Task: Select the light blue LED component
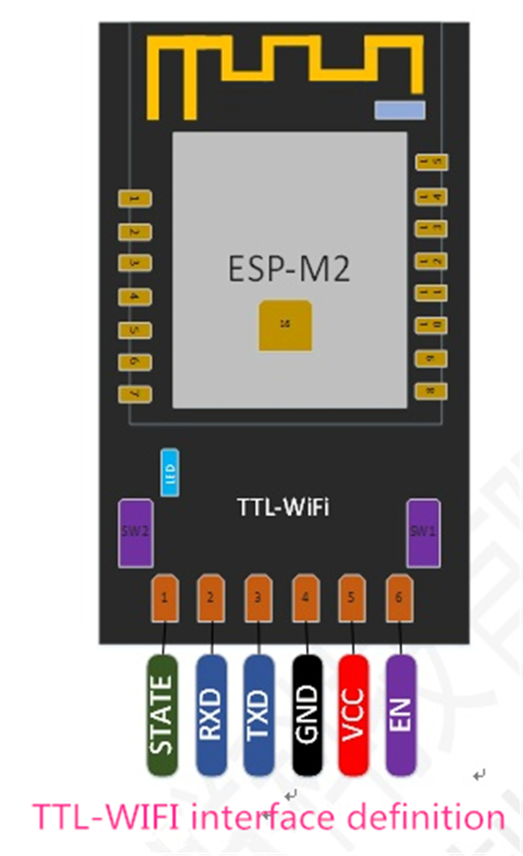(x=170, y=472)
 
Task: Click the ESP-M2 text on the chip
(x=289, y=270)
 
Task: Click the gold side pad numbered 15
(x=431, y=162)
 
